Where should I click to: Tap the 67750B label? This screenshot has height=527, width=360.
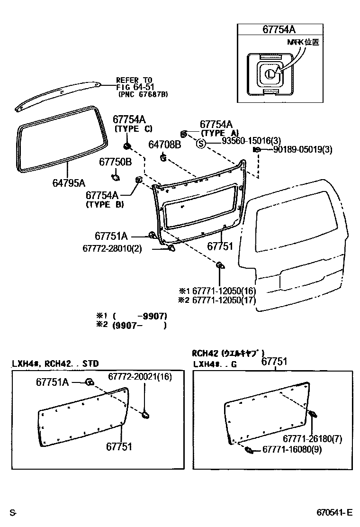point(115,162)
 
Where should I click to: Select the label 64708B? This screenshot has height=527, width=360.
point(164,144)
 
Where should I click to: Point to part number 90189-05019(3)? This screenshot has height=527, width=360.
point(303,150)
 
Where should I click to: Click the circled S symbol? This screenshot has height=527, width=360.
point(200,144)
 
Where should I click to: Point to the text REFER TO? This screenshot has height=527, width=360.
point(134,80)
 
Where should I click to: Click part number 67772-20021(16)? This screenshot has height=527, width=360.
point(140,376)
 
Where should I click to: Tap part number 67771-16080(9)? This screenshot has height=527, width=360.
point(292,449)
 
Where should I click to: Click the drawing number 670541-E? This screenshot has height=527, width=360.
point(335,513)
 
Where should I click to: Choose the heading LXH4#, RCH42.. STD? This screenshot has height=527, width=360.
point(55,363)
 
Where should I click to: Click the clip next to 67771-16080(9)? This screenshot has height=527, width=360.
point(248,449)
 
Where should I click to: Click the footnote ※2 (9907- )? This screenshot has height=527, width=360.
point(132,326)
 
